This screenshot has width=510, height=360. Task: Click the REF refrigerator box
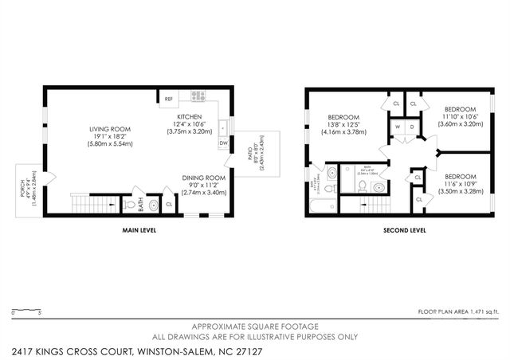[168, 99]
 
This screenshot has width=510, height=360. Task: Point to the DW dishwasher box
[223, 144]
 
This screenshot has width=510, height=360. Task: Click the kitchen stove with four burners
[198, 96]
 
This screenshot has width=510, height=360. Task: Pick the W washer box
[397, 127]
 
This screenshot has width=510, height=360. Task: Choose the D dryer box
[411, 127]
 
